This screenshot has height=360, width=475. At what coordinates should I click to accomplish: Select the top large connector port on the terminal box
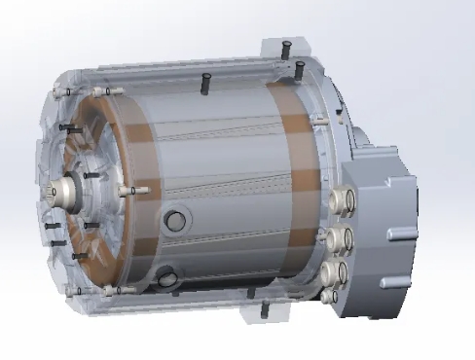(x=343, y=199)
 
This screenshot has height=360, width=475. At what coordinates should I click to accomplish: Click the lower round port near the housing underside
(x=168, y=278)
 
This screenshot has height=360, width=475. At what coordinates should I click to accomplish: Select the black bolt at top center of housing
(x=206, y=83)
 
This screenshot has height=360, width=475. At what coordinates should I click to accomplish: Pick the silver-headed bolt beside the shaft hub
(x=124, y=192)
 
